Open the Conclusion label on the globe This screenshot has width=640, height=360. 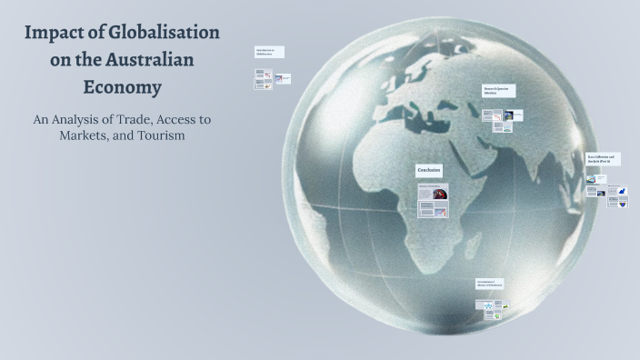(x=430, y=170)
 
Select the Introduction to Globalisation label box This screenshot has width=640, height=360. (x=269, y=52)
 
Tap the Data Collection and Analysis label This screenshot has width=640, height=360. (x=604, y=159)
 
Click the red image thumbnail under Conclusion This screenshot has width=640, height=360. (x=439, y=193)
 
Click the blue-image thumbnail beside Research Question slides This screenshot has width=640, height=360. (x=508, y=115)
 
